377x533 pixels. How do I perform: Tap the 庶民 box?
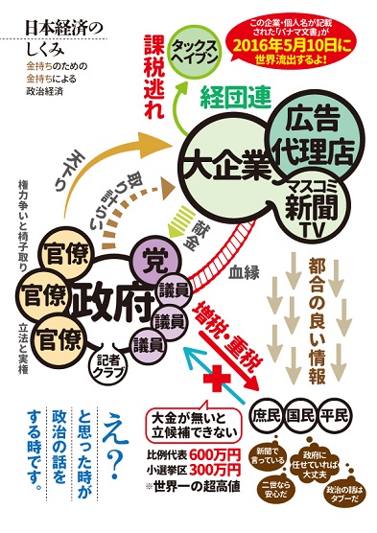pos(268,416)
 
